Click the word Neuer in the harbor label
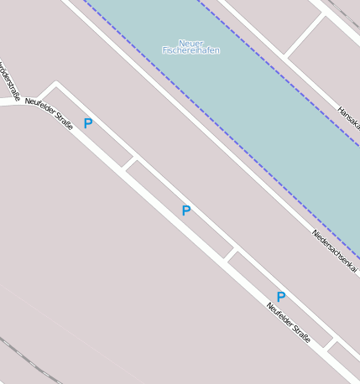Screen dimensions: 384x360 click(191, 43)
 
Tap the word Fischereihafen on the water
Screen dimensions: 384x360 click(191, 51)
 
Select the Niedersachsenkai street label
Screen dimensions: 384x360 click(334, 251)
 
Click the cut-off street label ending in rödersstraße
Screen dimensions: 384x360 click(9, 80)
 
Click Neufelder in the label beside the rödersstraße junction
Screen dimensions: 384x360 click(39, 106)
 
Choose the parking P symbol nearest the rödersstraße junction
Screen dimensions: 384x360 click(88, 124)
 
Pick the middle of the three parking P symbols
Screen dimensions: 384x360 click(186, 211)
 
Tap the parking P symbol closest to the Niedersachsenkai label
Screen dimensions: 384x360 click(281, 297)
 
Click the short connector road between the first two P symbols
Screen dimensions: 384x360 click(129, 162)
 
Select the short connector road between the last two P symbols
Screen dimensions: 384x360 click(232, 253)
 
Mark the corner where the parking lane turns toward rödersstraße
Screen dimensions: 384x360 click(56, 84)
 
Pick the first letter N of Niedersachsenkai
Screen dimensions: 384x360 click(316, 233)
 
